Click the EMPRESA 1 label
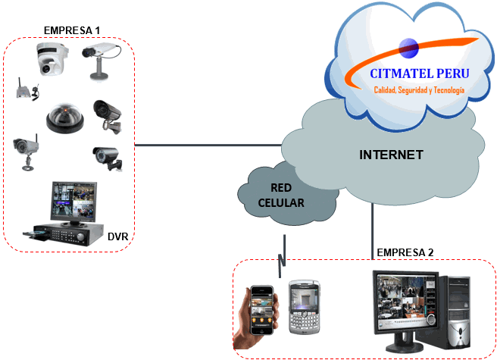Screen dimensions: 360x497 (x=73, y=30)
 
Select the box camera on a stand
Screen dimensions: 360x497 (x=98, y=60)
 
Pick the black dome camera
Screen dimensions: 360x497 (x=64, y=117)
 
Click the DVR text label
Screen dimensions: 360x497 (x=117, y=237)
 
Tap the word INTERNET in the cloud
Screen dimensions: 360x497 (x=390, y=155)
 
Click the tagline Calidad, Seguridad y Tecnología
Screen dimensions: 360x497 (x=419, y=90)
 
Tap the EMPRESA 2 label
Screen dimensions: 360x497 (x=406, y=252)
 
